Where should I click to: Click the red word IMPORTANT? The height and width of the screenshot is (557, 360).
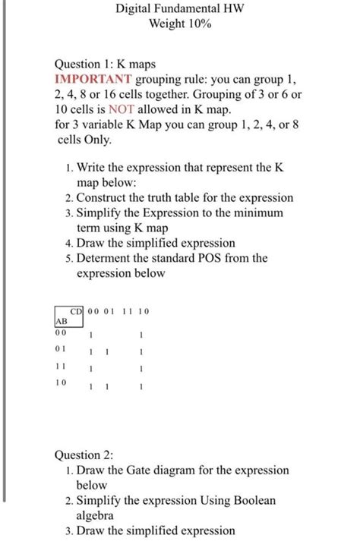(93, 79)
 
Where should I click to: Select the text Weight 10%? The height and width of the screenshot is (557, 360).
(180, 24)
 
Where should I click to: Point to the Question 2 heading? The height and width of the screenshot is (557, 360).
(84, 455)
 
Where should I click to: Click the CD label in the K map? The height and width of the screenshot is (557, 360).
(76, 311)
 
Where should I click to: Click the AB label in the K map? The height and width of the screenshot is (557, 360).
(61, 321)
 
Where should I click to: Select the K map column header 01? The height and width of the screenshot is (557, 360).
(108, 311)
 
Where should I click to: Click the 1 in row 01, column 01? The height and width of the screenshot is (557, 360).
(108, 351)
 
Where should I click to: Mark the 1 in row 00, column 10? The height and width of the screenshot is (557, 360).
(142, 334)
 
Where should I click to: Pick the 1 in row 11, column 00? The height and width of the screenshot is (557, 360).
(91, 370)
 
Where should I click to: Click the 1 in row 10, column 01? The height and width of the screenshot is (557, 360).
(108, 387)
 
